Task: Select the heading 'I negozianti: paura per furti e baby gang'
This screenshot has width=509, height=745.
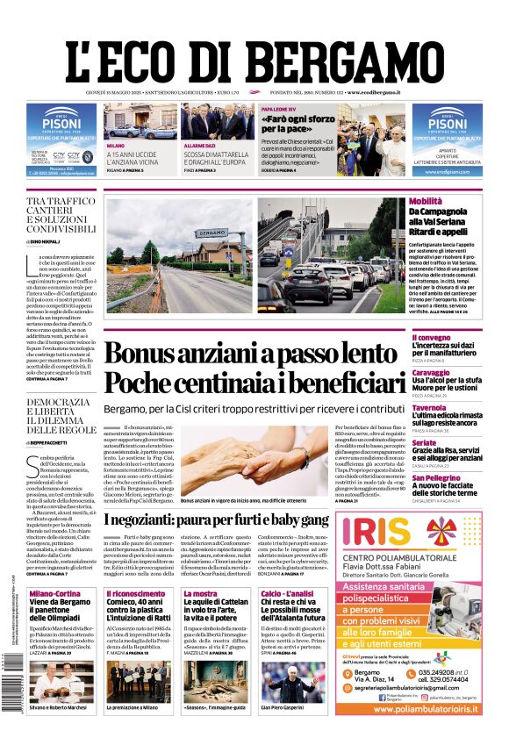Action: pos(217,519)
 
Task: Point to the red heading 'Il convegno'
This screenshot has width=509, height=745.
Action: pos(432,338)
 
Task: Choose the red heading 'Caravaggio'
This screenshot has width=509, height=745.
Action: pos(433,373)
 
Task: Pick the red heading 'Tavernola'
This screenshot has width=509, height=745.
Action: pos(430,408)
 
